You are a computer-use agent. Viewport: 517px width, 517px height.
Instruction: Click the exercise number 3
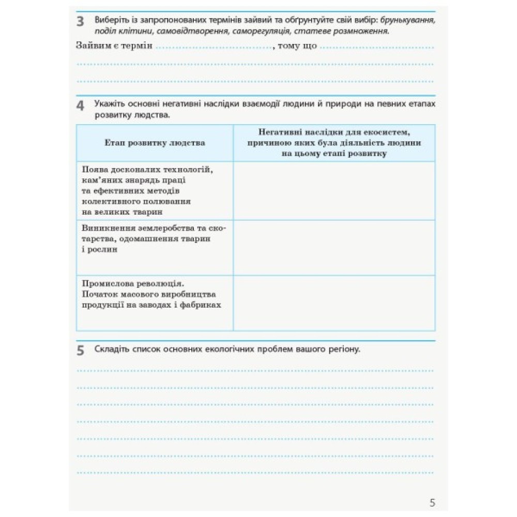click(80, 22)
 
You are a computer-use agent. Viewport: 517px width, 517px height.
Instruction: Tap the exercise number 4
click(80, 106)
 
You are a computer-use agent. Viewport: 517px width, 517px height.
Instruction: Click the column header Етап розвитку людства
click(155, 143)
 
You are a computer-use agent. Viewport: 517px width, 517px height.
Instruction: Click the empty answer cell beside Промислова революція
click(334, 303)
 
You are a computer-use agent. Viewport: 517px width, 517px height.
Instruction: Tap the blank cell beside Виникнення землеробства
click(334, 247)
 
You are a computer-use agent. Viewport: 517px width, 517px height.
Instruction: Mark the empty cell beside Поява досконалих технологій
click(334, 190)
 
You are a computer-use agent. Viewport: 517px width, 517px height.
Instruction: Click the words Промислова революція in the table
click(131, 284)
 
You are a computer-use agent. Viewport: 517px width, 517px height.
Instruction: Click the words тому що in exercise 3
click(297, 46)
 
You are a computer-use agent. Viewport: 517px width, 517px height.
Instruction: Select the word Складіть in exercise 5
click(111, 349)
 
